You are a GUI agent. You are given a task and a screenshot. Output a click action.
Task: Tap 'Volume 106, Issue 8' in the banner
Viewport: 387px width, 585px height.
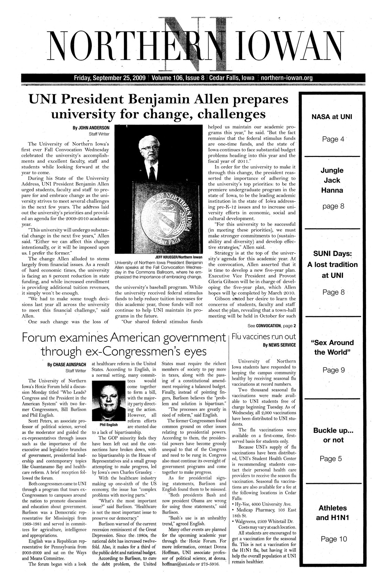pos(178,78)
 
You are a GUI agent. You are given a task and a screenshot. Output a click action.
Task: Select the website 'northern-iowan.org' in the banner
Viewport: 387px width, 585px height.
pos(287,78)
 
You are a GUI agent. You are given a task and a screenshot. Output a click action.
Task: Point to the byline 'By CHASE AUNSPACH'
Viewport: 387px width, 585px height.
pos(67,364)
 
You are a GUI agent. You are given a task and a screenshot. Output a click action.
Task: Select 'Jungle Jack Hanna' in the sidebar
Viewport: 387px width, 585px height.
pos(332,180)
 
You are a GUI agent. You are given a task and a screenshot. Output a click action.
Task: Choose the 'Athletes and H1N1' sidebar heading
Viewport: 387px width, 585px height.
pos(333,513)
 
